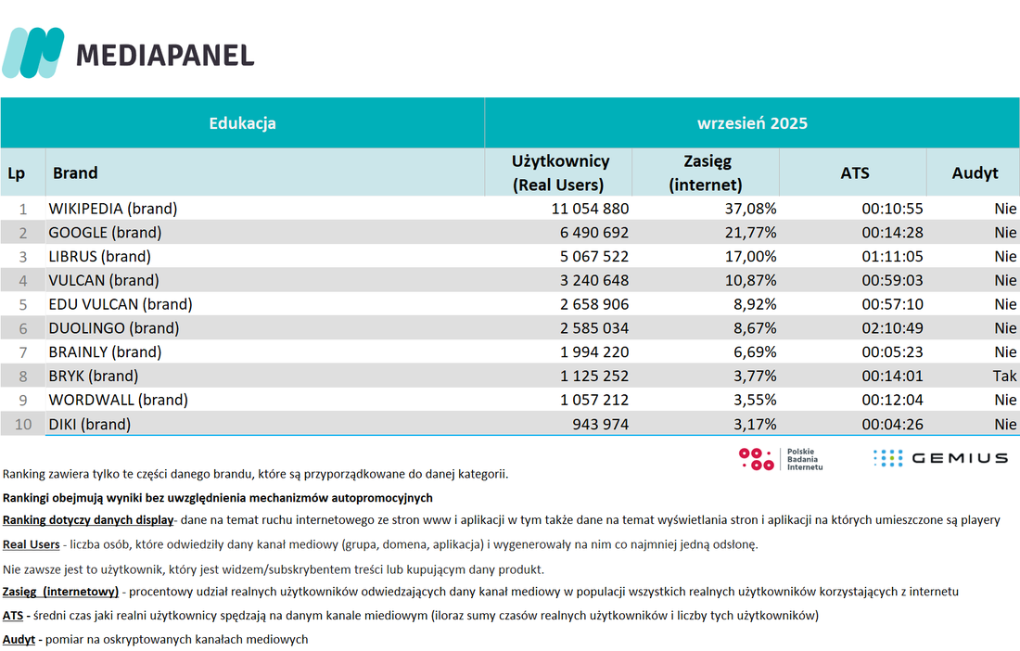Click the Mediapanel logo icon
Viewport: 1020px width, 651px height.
click(33, 53)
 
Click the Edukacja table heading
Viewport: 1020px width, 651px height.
click(242, 123)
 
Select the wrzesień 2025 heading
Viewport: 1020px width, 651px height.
click(752, 123)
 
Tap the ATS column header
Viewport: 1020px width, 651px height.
click(854, 173)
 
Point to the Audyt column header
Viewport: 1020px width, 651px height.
click(975, 173)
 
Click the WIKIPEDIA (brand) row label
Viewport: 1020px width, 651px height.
click(112, 209)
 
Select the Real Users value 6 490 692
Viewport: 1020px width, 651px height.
click(593, 232)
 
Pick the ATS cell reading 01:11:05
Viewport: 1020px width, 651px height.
click(892, 256)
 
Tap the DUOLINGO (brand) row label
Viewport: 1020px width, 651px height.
click(114, 328)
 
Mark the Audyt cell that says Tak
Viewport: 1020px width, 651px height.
click(1004, 376)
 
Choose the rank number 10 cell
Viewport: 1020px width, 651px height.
click(23, 425)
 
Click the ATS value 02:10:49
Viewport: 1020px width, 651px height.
click(892, 328)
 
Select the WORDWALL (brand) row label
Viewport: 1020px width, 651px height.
click(118, 400)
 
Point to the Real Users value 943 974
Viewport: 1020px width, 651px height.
click(600, 425)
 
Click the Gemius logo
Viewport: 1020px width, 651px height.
click(940, 458)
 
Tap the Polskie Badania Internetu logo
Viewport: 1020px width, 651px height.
click(781, 459)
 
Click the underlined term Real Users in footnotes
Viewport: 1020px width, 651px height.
click(32, 544)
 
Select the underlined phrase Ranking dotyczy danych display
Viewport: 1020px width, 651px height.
click(88, 520)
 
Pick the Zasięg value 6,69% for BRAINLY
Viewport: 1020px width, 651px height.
click(755, 351)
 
